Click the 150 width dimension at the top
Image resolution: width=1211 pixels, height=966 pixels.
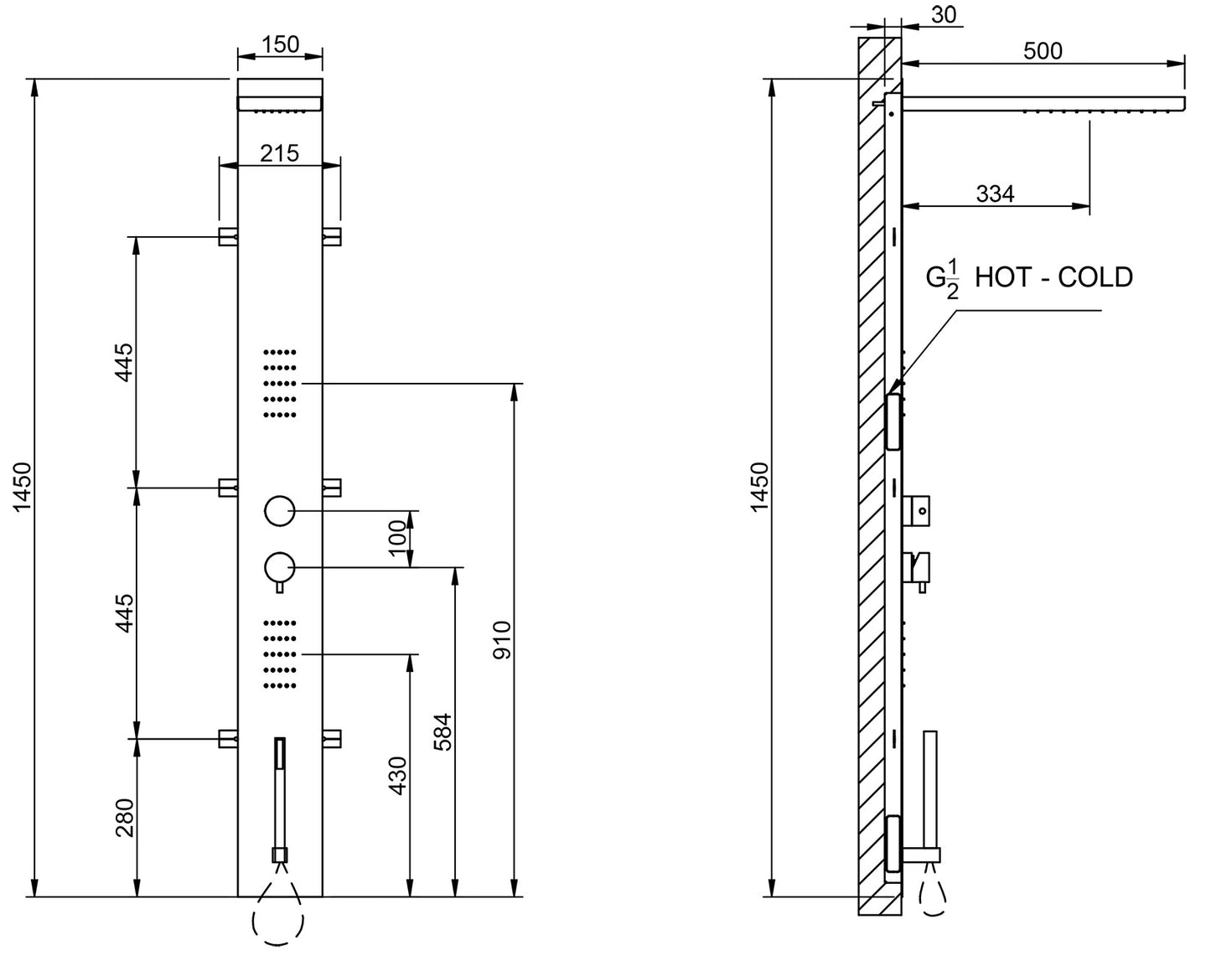coord(280,44)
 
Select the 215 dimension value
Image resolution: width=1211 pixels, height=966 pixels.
coord(280,152)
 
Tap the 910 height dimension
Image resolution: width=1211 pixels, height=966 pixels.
coord(501,639)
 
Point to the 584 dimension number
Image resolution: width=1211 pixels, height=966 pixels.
coord(443,731)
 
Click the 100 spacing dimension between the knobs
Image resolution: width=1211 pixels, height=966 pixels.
coord(398,538)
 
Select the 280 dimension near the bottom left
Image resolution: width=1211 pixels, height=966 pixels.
coord(124,818)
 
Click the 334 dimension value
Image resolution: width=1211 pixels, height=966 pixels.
coord(995,194)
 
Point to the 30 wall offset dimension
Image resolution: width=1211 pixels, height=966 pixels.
coord(942,14)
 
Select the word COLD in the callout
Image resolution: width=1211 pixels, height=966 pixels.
coord(1095,276)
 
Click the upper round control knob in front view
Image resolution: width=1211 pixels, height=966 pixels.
coord(279,510)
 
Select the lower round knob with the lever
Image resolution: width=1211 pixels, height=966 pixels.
coord(279,567)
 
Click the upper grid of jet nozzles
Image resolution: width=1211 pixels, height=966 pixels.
coord(281,383)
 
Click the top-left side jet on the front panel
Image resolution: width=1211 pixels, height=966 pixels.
coord(228,236)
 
